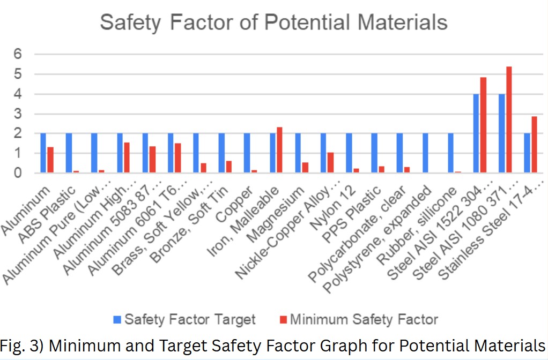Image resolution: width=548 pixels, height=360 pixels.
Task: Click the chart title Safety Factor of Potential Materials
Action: point(273,23)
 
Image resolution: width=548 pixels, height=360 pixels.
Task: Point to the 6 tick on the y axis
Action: point(17,54)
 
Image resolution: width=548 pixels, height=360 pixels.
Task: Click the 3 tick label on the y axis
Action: point(17,114)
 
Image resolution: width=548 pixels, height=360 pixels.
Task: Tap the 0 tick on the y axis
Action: point(17,173)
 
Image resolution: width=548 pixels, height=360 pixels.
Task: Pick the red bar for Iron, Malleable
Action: point(279,150)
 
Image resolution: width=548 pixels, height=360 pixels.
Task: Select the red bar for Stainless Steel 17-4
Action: point(534,145)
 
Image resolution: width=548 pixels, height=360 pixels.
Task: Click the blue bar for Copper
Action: point(247,153)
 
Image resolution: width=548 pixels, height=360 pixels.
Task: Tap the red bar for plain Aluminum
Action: point(50,160)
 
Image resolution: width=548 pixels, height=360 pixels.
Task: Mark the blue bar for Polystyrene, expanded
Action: point(425,153)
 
